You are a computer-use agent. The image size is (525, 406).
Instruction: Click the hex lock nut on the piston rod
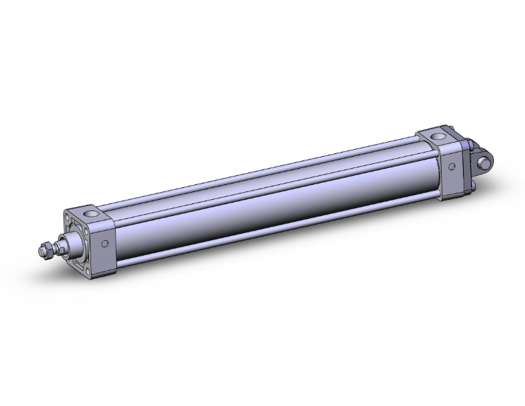(x=47, y=249)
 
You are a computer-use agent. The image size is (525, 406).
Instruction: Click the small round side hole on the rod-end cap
(x=105, y=244)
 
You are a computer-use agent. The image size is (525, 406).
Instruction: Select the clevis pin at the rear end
(x=485, y=163)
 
